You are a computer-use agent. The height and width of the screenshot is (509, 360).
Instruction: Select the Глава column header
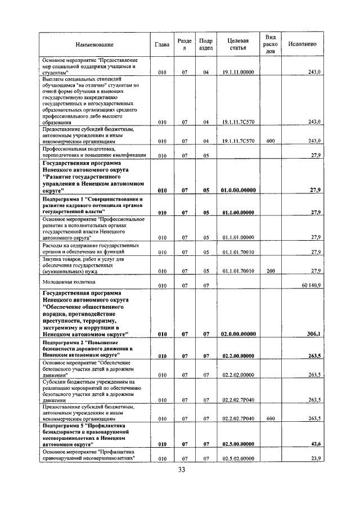[x=162, y=44]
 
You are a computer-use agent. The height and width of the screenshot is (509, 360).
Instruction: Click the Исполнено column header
[x=302, y=44]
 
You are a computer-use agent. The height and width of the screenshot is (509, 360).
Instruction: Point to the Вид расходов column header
[x=270, y=44]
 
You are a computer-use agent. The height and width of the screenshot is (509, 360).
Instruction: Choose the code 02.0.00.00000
[x=238, y=334]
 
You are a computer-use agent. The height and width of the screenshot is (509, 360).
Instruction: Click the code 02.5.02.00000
[x=238, y=459]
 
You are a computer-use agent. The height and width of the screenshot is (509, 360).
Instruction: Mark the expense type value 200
[x=270, y=271]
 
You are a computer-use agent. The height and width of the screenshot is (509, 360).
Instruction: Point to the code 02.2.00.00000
[x=238, y=356]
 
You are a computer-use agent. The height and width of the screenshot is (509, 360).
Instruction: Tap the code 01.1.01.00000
[x=238, y=237]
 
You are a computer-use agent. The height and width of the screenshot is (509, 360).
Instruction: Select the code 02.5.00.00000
[x=238, y=444]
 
